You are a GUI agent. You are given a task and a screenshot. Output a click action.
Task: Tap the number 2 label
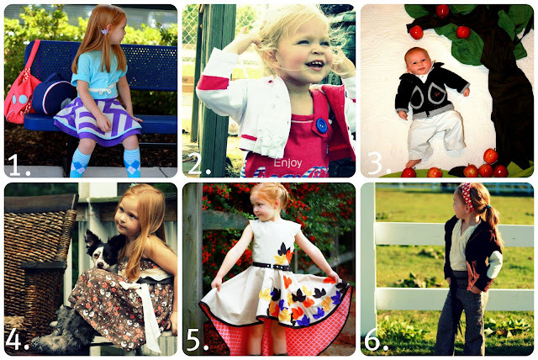(x=199, y=164)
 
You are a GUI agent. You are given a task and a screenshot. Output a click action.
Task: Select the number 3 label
(x=379, y=163)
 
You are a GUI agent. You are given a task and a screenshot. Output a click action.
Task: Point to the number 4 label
(x=17, y=340)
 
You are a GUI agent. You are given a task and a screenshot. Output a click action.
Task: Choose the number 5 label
(x=198, y=340)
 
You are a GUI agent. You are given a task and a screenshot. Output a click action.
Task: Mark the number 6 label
(x=376, y=340)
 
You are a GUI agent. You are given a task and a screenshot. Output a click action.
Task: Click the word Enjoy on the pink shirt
(x=287, y=163)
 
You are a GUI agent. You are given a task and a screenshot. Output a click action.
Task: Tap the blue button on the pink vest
(x=321, y=125)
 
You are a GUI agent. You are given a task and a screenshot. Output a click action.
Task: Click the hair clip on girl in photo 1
(x=103, y=31)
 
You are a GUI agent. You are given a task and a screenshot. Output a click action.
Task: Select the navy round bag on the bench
(x=54, y=94)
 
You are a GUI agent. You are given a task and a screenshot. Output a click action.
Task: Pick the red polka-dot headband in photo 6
(x=467, y=195)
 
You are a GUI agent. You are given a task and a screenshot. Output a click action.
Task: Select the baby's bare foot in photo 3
(x=413, y=163)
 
